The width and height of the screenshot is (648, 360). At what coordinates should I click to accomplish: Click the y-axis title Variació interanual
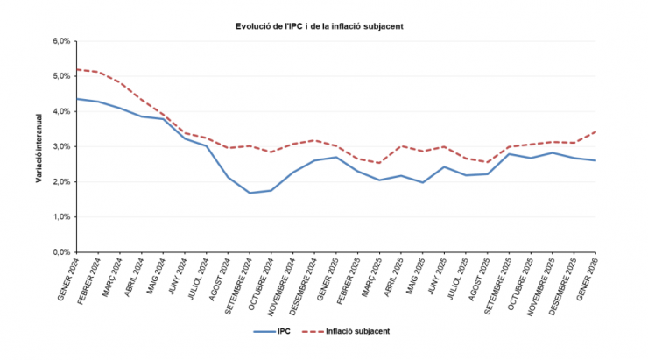[x=39, y=147]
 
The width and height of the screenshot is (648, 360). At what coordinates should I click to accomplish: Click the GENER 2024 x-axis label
[x=68, y=279]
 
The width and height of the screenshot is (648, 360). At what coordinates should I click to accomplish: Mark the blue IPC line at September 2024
[x=250, y=193]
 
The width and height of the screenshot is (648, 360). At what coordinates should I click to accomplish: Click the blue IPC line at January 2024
[x=77, y=99]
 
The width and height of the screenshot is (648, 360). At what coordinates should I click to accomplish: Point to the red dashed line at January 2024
[x=77, y=69]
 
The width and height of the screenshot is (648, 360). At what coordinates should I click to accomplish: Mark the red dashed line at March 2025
[x=378, y=163]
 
